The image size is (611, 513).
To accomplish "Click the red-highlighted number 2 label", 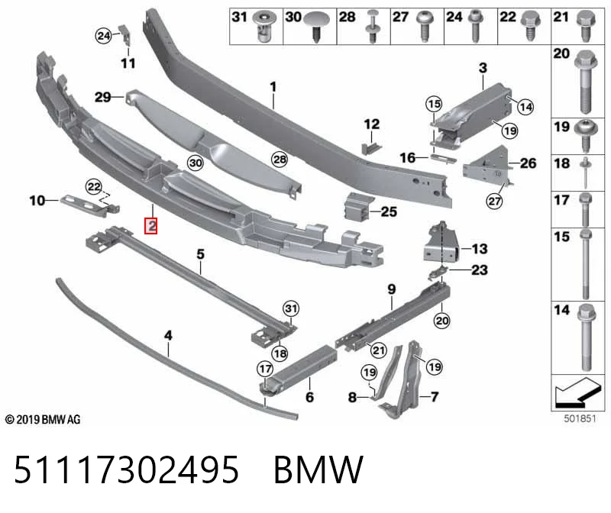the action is pos(150,225).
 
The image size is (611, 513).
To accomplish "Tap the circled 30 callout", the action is pos(196,163).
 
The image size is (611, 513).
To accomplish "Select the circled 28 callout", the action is pos(280,160).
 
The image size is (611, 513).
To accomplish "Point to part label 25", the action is pos(389,211).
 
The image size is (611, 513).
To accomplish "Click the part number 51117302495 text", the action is pos(126,469).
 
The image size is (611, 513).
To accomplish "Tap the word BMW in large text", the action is pos(318,469).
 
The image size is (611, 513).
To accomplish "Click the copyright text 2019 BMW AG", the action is pos(43,420).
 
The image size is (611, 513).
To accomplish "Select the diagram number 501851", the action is pos(580,419).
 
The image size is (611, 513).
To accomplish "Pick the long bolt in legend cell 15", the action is pos(586,264).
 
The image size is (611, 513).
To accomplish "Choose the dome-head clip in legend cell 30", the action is pos(316,26).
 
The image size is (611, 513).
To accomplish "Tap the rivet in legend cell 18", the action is pos(585,173).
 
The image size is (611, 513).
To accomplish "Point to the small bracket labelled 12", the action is pos(372,147).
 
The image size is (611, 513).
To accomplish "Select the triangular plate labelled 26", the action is pos(487,163).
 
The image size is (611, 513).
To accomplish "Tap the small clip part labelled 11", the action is pos(125,34).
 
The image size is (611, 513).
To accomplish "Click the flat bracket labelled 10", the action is pos(89,203).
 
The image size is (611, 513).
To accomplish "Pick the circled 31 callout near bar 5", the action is pos(291,309).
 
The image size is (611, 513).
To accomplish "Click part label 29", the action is pos(103,97).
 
